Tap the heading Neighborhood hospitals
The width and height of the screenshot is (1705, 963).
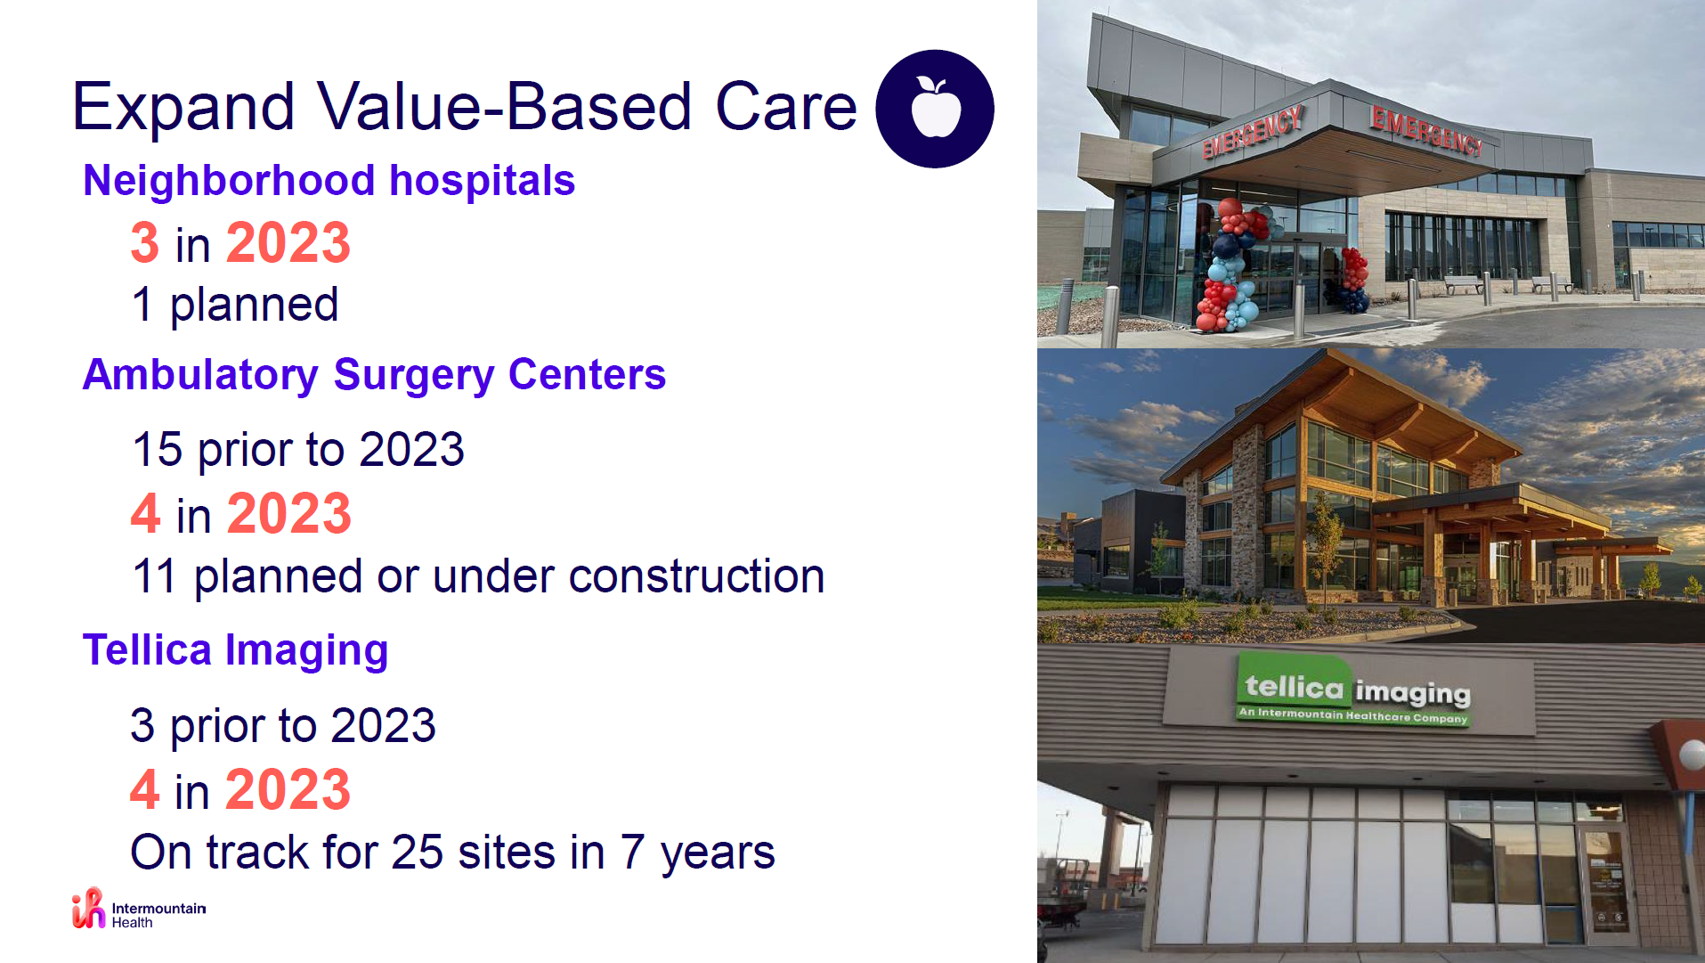[x=329, y=181]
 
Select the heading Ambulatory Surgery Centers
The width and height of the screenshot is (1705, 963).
[x=374, y=375]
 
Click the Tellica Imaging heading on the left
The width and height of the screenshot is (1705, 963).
[x=235, y=650]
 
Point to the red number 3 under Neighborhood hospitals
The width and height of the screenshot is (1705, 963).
[x=145, y=243]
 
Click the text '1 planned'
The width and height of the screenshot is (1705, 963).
[x=235, y=306]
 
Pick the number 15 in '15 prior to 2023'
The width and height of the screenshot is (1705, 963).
[x=158, y=449]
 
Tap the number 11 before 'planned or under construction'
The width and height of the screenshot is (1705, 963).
[x=154, y=576]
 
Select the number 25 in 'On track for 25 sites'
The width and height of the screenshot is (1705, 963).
[x=418, y=853]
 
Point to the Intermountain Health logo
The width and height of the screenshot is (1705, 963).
[x=139, y=910]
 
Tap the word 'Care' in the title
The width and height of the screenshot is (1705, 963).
[x=786, y=107]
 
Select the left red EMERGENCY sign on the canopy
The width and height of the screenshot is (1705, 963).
[x=1253, y=132]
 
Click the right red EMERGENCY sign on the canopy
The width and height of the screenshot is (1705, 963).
[x=1426, y=130]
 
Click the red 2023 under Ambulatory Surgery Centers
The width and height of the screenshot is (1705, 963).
[x=289, y=514]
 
